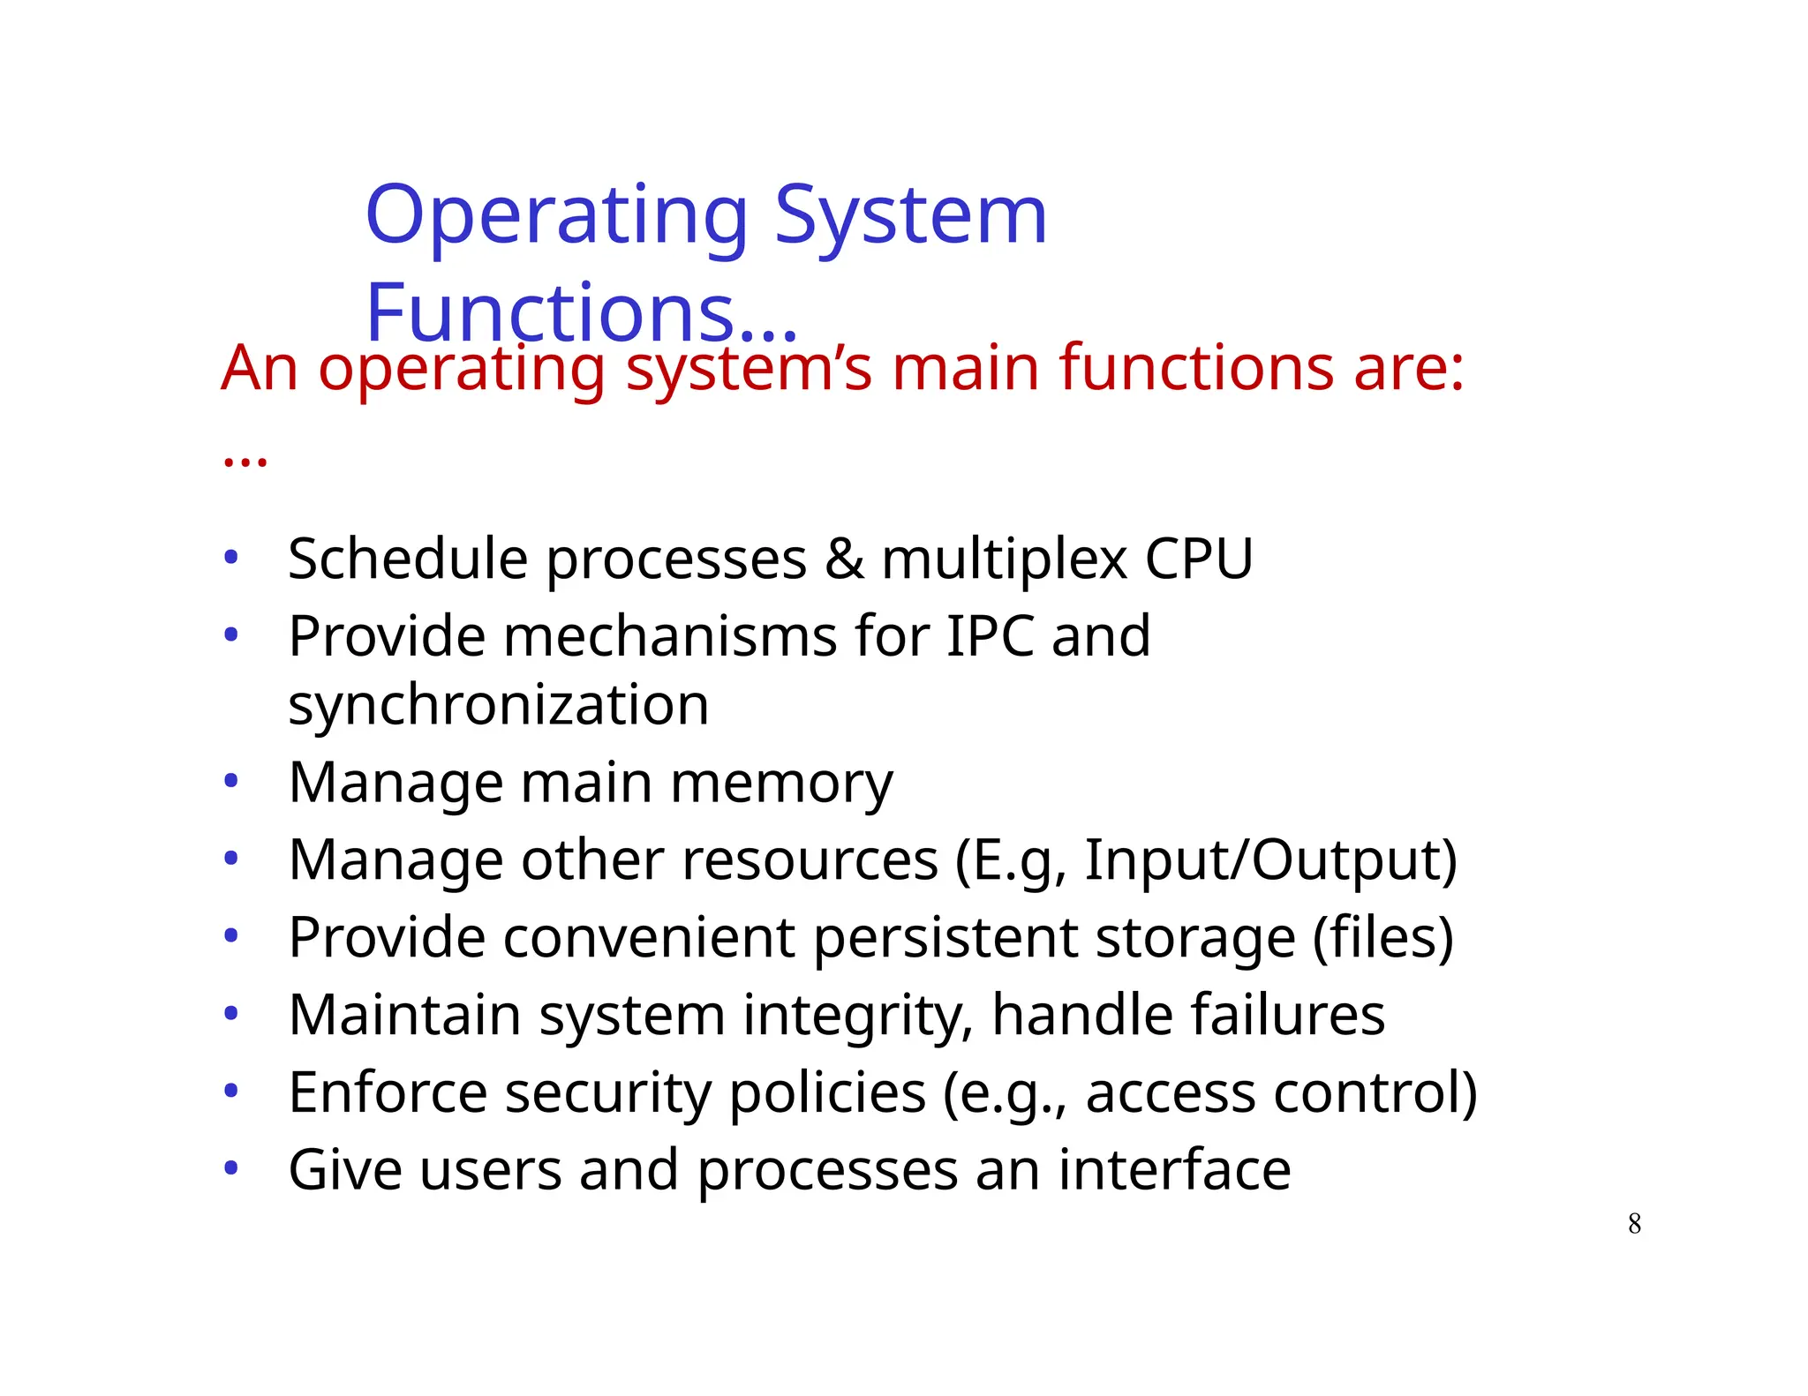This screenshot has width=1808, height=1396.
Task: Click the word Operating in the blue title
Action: point(556,216)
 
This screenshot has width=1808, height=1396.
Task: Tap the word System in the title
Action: point(910,216)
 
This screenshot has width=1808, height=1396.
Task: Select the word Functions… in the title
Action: point(581,313)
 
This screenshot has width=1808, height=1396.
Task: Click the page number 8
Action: point(1634,1224)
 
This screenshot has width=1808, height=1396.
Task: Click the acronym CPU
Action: point(1198,559)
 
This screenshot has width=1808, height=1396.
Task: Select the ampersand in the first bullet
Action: point(844,559)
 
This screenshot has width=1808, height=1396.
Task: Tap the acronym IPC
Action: point(990,636)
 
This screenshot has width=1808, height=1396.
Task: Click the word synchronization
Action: point(499,706)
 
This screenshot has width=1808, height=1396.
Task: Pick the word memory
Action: point(781,784)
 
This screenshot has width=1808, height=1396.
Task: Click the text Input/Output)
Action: point(1270,860)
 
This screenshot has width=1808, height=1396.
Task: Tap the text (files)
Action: point(1382,937)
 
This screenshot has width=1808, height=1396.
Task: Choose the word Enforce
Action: point(388,1092)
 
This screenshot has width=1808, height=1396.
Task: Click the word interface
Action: point(1174,1170)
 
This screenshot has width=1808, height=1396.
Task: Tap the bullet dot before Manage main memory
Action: point(231,781)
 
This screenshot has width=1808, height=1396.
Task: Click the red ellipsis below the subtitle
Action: point(245,460)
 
